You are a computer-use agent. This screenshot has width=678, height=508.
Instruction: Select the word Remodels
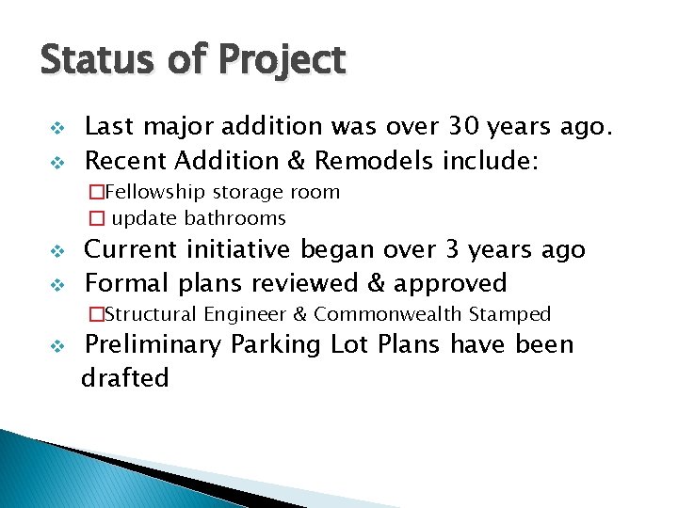click(x=372, y=160)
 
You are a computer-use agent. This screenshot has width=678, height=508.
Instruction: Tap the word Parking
click(x=284, y=345)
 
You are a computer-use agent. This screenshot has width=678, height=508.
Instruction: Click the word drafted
click(x=125, y=378)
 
